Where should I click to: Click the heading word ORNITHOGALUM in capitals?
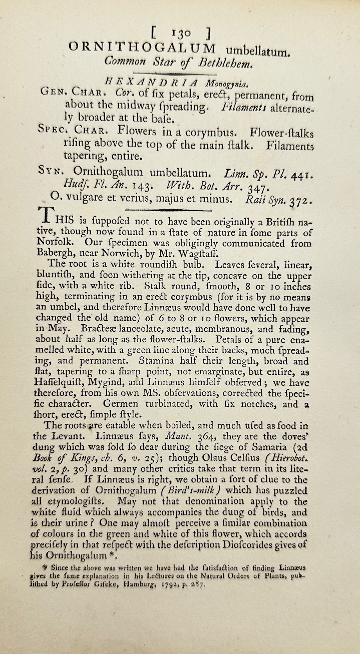pos(142,48)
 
